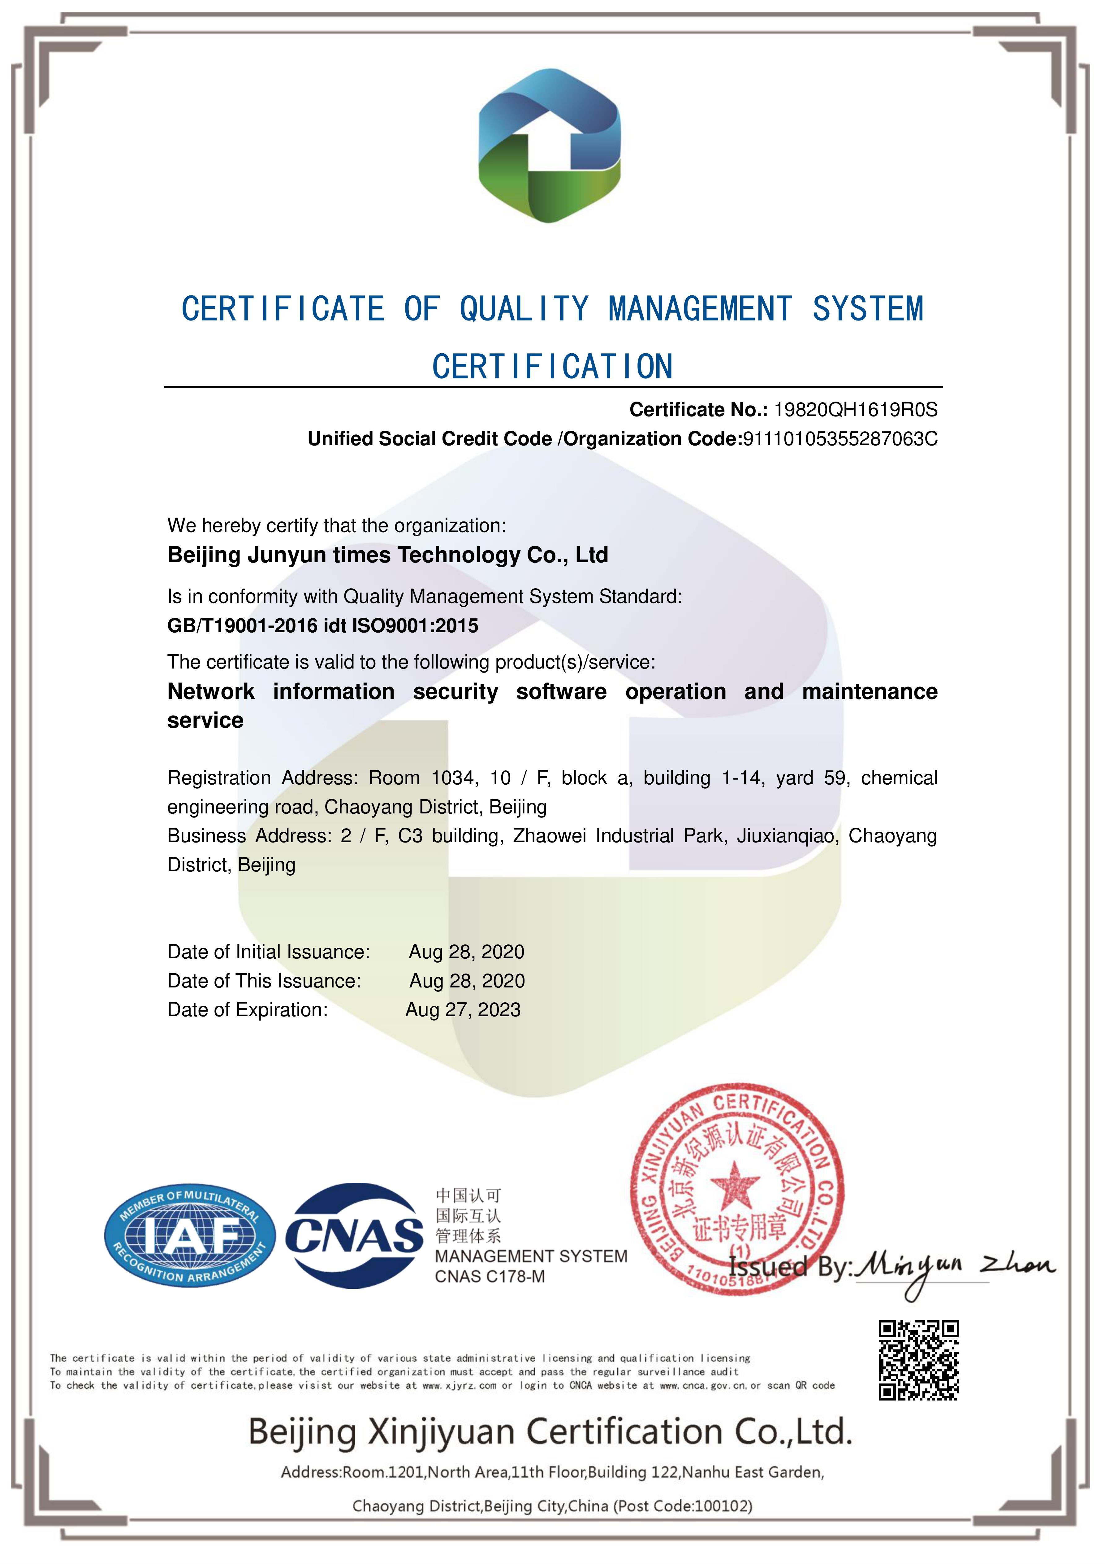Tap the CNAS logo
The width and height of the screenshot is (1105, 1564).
coord(355,1235)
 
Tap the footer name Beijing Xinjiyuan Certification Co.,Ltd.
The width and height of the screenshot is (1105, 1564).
coord(550,1432)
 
